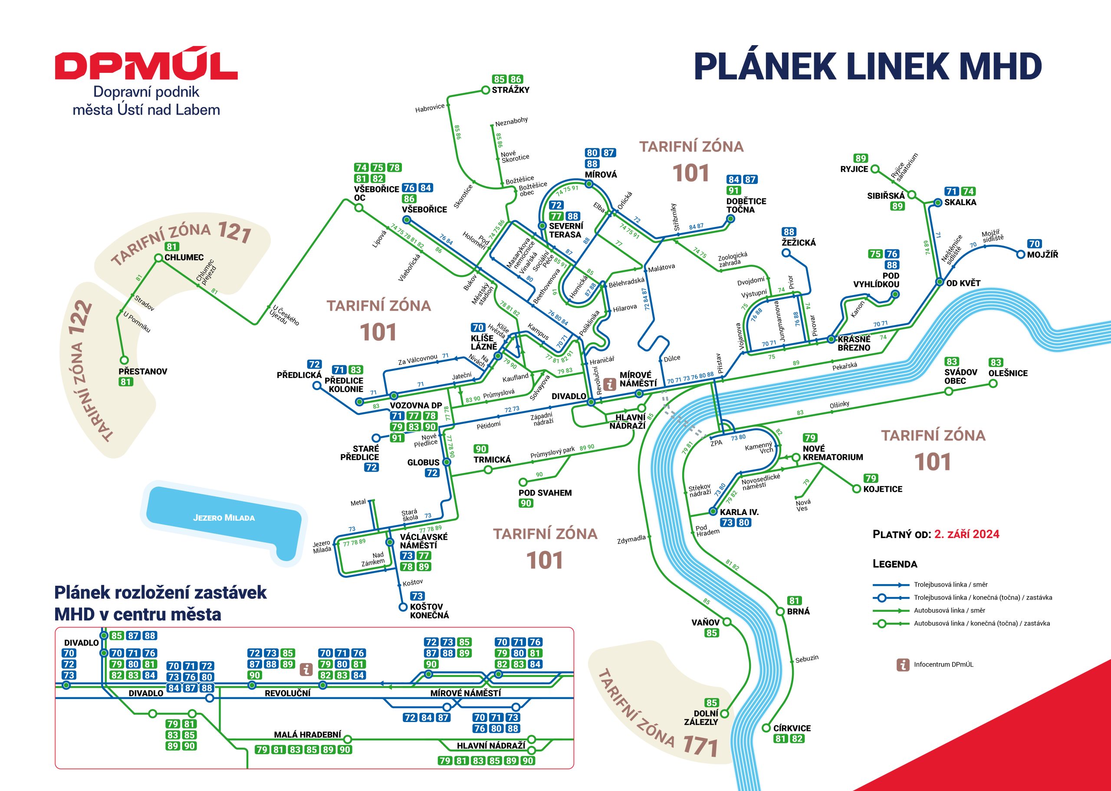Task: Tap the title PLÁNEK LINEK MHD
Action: coord(868,67)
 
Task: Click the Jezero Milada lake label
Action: coord(224,518)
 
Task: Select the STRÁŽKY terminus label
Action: coord(510,90)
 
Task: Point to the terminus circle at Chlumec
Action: coord(158,258)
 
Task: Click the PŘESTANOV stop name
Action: coord(143,371)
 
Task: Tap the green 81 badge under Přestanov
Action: coord(126,382)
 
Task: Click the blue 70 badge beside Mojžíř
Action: coord(1034,244)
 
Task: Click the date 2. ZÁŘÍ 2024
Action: coord(967,534)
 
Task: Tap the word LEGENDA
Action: coord(895,564)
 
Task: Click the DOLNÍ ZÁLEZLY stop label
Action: coord(701,717)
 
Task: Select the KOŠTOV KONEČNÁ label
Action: coord(429,611)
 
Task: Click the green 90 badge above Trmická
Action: coord(481,449)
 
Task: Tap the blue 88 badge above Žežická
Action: coord(789,232)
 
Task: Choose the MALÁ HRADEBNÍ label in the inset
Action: coord(307,735)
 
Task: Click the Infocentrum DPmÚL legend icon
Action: coord(903,664)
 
